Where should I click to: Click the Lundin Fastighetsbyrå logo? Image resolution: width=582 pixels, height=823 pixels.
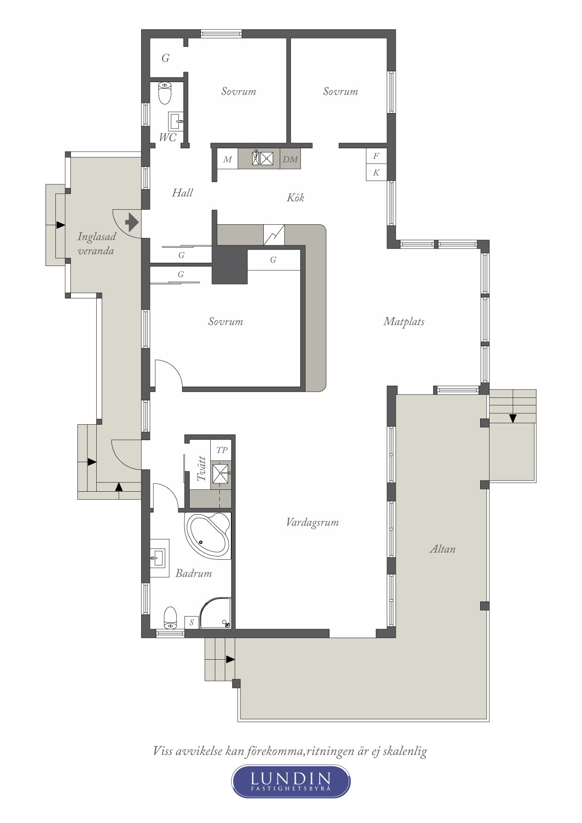(x=291, y=781)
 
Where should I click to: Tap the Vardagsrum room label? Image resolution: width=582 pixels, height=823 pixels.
(x=312, y=522)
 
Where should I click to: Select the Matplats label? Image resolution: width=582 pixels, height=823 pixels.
(x=404, y=321)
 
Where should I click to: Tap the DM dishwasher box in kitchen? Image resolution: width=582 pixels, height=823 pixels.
(x=290, y=159)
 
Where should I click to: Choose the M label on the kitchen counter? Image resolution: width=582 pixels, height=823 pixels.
(x=228, y=160)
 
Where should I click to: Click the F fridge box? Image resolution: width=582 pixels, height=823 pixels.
(x=376, y=156)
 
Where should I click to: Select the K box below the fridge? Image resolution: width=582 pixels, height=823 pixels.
(x=376, y=172)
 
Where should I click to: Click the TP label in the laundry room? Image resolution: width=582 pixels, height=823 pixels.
(x=222, y=450)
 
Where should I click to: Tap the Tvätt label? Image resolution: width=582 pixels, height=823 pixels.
(x=202, y=468)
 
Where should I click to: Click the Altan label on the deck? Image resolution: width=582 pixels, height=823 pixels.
(x=443, y=549)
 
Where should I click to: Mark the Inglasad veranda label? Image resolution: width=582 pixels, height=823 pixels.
(x=96, y=243)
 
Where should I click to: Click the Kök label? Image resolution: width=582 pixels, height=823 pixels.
(x=296, y=198)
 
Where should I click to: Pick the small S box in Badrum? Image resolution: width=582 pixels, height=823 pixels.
(x=191, y=622)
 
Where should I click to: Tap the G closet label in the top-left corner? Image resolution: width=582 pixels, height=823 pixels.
(x=165, y=58)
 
